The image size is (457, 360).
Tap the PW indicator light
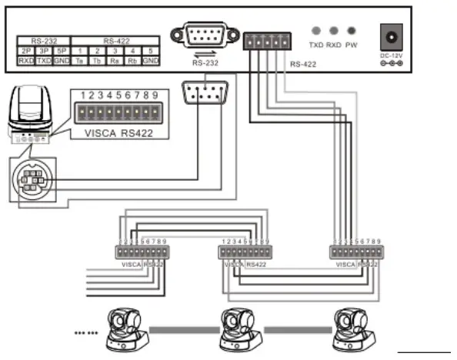click(352, 32)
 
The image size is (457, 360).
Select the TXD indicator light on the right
click(316, 32)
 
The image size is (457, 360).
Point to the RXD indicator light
click(334, 32)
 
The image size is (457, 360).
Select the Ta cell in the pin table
click(80, 59)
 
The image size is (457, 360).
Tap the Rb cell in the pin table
click(132, 59)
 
